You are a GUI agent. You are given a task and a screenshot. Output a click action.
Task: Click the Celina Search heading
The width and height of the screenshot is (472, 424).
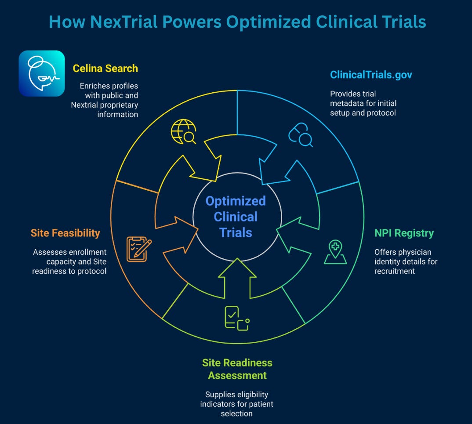click(x=105, y=69)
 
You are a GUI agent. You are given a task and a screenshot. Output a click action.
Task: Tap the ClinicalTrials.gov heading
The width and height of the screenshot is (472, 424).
click(x=371, y=75)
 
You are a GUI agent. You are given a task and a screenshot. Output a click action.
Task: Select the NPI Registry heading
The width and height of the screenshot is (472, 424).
click(x=404, y=233)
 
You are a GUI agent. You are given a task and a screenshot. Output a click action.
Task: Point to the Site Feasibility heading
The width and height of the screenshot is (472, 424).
click(x=65, y=233)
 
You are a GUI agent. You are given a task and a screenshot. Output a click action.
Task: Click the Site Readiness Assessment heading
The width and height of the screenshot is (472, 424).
click(x=237, y=369)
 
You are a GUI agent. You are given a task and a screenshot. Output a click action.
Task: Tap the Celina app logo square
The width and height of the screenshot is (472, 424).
click(x=42, y=73)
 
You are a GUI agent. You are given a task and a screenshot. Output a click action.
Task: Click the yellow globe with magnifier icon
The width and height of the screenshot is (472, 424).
click(x=183, y=132)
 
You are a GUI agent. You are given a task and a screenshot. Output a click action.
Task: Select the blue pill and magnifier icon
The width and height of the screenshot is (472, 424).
click(x=300, y=134)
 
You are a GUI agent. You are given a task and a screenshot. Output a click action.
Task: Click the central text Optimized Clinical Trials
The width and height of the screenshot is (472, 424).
click(x=236, y=217)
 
